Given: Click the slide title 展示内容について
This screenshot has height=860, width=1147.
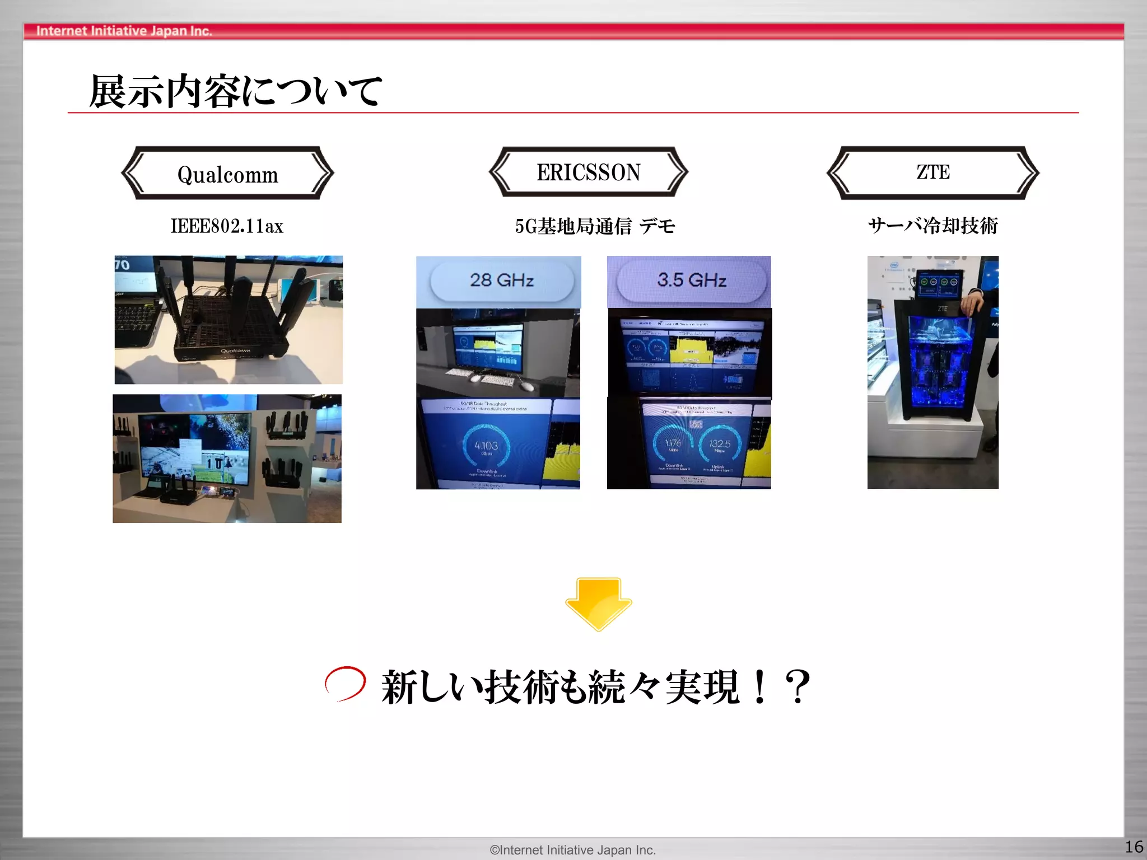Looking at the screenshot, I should pyautogui.click(x=235, y=91).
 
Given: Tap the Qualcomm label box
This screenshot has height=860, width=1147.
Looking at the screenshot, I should pyautogui.click(x=227, y=174).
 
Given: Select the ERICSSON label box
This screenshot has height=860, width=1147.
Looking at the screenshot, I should pyautogui.click(x=588, y=172).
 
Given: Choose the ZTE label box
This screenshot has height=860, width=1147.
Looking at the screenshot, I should pyautogui.click(x=932, y=172).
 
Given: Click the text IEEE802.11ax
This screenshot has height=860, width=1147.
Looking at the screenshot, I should pyautogui.click(x=227, y=226).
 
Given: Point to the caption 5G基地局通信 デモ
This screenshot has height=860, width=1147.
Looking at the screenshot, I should pyautogui.click(x=595, y=226).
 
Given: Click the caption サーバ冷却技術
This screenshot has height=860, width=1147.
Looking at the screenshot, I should pyautogui.click(x=932, y=226).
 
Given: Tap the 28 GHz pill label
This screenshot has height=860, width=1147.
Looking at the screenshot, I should pyautogui.click(x=501, y=280).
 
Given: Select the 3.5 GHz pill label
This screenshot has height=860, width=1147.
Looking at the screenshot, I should pyautogui.click(x=691, y=280).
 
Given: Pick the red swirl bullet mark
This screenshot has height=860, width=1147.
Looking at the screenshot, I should pyautogui.click(x=345, y=683).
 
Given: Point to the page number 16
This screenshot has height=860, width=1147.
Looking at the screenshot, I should pyautogui.click(x=1134, y=846).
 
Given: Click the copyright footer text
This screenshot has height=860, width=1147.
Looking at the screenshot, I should pyautogui.click(x=572, y=850).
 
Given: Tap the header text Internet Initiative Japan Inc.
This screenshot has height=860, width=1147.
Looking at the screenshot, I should pyautogui.click(x=124, y=31).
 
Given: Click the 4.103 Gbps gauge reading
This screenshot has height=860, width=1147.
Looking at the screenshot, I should pyautogui.click(x=486, y=447).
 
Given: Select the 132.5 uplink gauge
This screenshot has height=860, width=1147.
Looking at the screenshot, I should pyautogui.click(x=720, y=445).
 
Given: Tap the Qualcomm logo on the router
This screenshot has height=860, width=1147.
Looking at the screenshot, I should pyautogui.click(x=235, y=351).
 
